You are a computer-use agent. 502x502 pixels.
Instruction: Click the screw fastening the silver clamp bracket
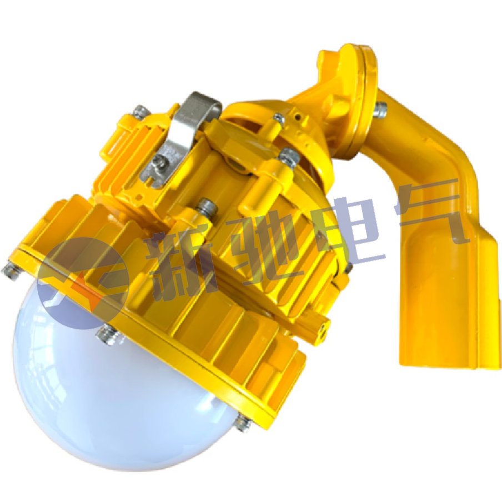[159, 160]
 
